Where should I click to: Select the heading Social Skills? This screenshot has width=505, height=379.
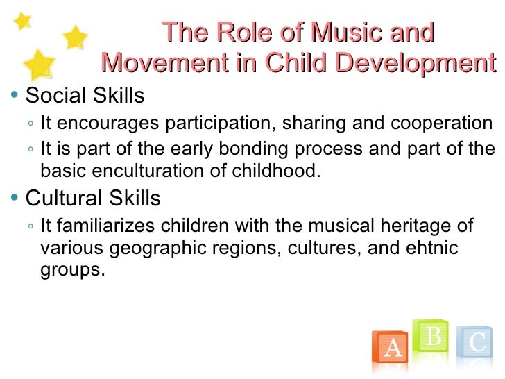point(85,95)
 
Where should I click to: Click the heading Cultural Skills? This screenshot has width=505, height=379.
point(93,199)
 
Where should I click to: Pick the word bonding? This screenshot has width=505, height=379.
point(241,150)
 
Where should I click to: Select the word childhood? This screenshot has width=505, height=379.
point(284,170)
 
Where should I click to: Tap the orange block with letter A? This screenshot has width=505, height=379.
point(393,348)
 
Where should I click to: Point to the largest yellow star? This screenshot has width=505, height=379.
point(41,65)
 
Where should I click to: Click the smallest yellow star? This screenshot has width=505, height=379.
point(23,21)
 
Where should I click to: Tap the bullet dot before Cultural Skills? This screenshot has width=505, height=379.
point(15,199)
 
